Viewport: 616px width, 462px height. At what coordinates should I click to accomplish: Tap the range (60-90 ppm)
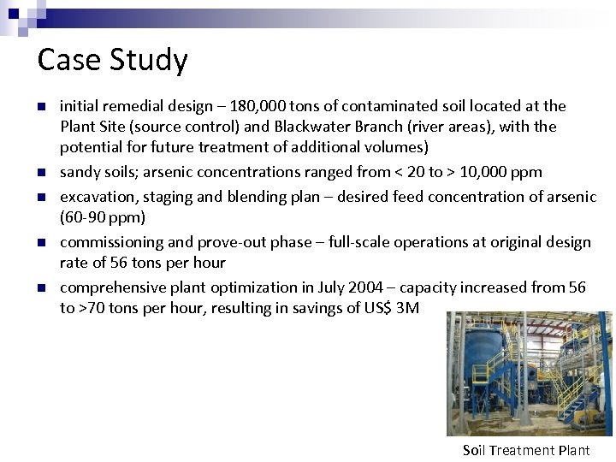(103, 217)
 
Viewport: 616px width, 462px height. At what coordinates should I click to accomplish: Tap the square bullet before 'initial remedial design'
(40, 107)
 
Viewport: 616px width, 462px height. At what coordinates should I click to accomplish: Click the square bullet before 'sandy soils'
(40, 173)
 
